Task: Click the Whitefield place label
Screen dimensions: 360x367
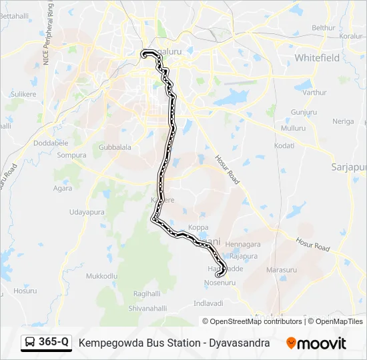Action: (317, 58)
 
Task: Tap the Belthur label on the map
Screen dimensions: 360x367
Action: (323, 27)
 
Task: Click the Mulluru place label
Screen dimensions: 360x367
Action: (293, 127)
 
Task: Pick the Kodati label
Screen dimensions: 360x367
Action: (284, 145)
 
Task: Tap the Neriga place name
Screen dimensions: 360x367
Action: (343, 121)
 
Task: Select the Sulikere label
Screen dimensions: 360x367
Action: (23, 95)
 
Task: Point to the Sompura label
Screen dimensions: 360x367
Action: (72, 155)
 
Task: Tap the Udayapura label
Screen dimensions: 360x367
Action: (86, 212)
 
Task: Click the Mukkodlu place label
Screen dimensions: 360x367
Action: (102, 275)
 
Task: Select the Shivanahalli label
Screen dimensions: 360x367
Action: (147, 308)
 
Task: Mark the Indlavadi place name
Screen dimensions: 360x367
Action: (208, 303)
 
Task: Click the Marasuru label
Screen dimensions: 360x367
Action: (281, 270)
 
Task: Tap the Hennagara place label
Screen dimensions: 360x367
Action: (243, 245)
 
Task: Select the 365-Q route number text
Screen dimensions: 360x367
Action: (53, 343)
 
